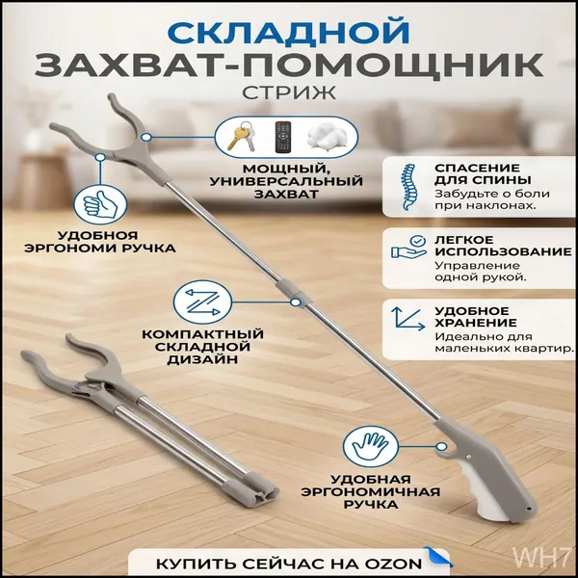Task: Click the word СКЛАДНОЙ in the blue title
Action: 289,32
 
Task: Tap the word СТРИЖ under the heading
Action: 289,92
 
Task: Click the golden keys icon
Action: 242,136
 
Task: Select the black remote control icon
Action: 283,137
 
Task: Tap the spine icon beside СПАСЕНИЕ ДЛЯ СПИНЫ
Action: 408,187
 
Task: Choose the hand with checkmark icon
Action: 408,247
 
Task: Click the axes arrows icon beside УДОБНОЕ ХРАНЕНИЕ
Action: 407,318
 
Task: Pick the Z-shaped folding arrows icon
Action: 202,302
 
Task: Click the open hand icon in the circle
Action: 371,447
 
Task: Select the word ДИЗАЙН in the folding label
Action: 202,359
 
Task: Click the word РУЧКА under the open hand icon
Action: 371,504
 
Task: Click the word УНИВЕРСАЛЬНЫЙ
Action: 286,181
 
